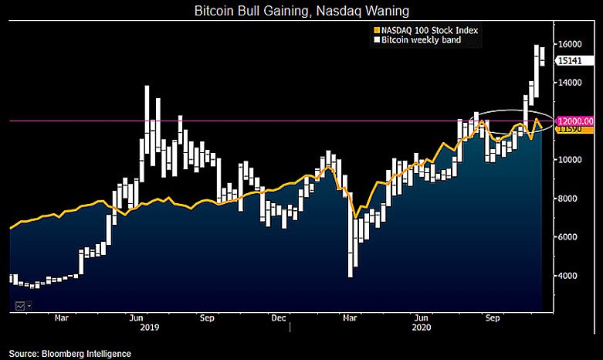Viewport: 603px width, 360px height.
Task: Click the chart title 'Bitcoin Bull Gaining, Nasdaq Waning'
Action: tap(300, 12)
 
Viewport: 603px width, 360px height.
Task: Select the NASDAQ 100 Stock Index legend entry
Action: tap(427, 30)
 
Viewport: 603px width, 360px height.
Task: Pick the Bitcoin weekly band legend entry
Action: tap(420, 40)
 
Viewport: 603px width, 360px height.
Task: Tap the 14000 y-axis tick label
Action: tap(571, 83)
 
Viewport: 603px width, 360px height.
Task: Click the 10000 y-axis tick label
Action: tap(571, 160)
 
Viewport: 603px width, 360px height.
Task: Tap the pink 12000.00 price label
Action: tap(575, 121)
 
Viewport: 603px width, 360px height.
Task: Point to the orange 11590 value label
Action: tap(571, 131)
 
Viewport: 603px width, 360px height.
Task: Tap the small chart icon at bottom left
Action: tap(20, 306)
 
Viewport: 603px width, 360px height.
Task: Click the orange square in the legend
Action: tap(376, 30)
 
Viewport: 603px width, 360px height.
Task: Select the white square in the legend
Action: tap(376, 40)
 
